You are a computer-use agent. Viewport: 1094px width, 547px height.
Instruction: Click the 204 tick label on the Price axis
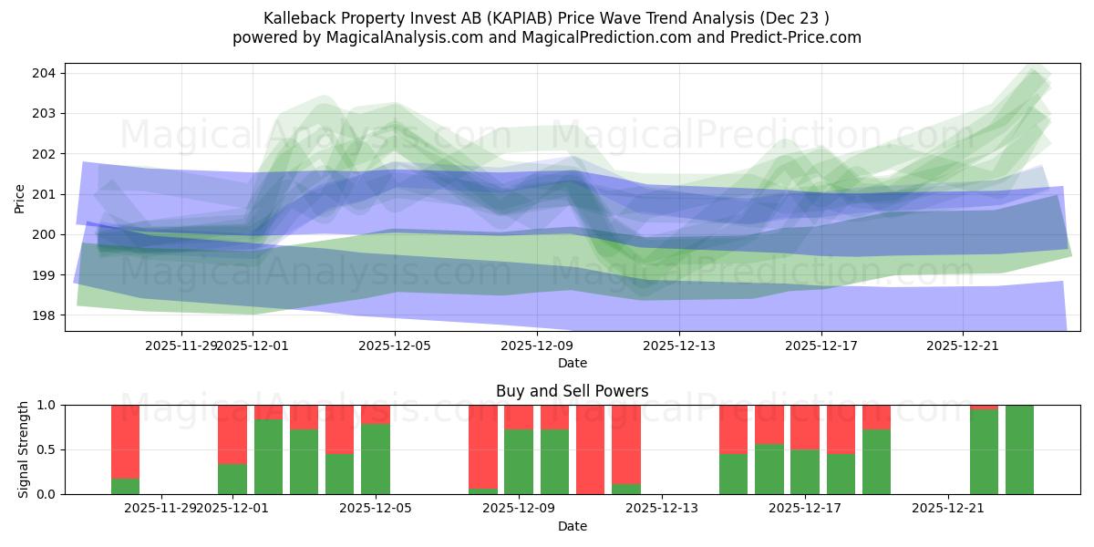[x=46, y=73]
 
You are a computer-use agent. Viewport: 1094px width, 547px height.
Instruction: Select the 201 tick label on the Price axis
[x=46, y=194]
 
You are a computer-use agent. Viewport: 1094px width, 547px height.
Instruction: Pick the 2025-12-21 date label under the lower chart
[x=949, y=508]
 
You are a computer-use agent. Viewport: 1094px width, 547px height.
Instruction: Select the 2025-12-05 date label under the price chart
[x=395, y=346]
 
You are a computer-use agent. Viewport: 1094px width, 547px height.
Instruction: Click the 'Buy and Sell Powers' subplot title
[x=572, y=391]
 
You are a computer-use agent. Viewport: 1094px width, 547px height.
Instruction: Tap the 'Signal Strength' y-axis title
[x=24, y=449]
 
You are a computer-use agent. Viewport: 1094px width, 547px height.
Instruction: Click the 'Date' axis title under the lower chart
[x=572, y=526]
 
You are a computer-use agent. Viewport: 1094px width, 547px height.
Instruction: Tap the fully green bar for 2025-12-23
[x=1019, y=449]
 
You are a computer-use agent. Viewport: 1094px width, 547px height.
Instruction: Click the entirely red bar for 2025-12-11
[x=591, y=449]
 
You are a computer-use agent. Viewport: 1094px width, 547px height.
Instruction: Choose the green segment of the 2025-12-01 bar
[x=232, y=479]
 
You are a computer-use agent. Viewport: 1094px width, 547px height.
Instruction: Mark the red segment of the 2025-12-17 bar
[x=805, y=427]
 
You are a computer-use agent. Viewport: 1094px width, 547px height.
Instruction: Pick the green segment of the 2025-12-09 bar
[x=519, y=461]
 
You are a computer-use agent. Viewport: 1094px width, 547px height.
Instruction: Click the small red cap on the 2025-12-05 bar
[x=376, y=414]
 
